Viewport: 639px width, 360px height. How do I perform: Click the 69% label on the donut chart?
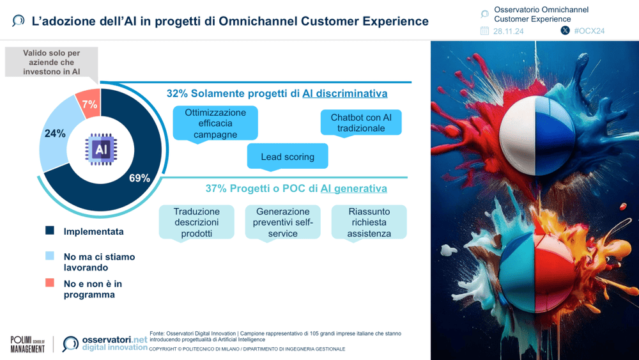139,178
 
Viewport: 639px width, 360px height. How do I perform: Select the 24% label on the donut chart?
55,134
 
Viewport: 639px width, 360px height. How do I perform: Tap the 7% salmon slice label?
89,104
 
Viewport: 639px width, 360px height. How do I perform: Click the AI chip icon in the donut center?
100,149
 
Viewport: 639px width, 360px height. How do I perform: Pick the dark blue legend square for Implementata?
50,231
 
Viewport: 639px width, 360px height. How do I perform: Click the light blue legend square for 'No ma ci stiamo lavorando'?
50,256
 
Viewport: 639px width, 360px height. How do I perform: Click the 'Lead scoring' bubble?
288,157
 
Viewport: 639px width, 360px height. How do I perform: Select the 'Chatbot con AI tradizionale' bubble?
361,123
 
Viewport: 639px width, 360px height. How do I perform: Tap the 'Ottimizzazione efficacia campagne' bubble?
215,123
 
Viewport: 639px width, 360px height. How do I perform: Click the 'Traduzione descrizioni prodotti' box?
197,223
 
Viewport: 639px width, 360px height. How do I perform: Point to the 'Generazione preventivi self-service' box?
282,223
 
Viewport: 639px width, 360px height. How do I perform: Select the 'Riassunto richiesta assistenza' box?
369,223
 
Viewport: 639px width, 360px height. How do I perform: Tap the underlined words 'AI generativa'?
353,189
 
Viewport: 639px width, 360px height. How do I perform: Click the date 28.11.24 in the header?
508,31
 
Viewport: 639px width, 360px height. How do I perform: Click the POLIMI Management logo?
27,344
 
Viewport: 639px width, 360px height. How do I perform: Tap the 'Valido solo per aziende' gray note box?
52,63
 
